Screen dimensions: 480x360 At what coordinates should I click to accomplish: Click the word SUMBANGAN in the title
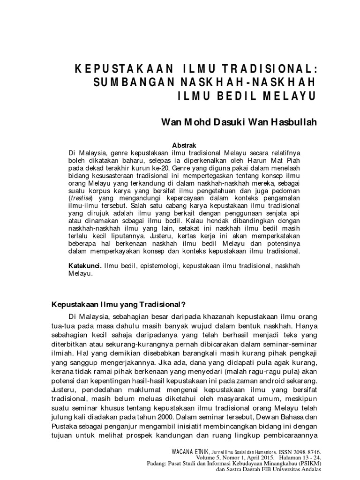123,82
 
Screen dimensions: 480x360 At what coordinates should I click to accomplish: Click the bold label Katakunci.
85,265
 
